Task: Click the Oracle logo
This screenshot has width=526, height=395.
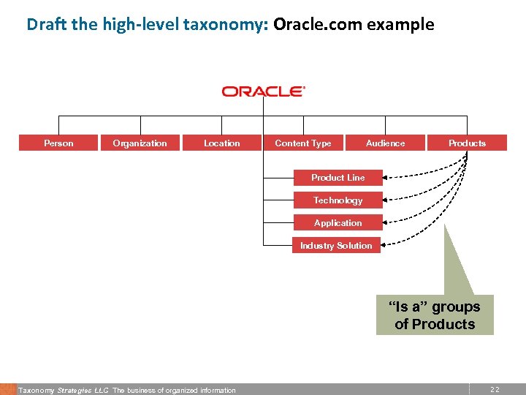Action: point(263,91)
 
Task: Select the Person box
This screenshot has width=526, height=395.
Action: point(58,143)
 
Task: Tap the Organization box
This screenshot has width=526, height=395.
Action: point(140,143)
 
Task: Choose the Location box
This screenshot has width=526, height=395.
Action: point(222,143)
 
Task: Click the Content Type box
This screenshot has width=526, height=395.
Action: point(303,143)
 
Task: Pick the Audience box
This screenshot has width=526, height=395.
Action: point(385,143)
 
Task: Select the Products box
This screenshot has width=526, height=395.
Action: point(467,143)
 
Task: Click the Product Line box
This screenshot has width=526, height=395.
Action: point(338,178)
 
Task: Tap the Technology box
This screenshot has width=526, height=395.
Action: point(338,200)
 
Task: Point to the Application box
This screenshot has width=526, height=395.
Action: point(338,223)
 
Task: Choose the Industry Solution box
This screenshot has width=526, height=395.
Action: point(336,246)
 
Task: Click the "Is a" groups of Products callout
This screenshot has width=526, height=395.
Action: point(435,315)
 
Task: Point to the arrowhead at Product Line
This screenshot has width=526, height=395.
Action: point(387,178)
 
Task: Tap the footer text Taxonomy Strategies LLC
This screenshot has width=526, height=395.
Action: point(64,391)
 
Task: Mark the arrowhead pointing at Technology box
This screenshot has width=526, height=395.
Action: point(387,200)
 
